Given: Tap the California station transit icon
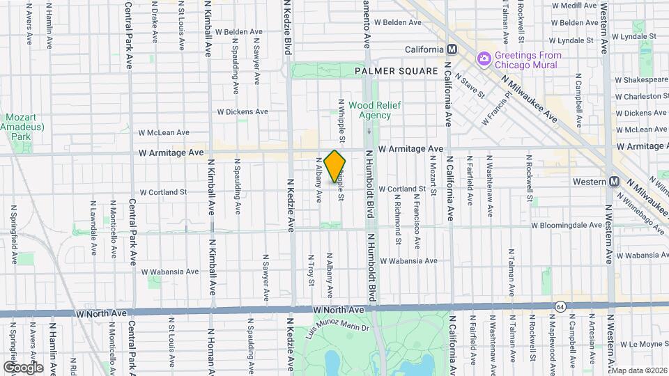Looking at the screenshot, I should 452,49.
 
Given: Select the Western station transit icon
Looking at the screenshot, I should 614,181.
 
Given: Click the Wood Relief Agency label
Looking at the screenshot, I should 369,110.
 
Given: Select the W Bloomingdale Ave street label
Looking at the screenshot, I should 566,226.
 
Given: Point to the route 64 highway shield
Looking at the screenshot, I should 560,306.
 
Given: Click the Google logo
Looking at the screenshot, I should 22,367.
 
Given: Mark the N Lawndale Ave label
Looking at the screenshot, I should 93,228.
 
